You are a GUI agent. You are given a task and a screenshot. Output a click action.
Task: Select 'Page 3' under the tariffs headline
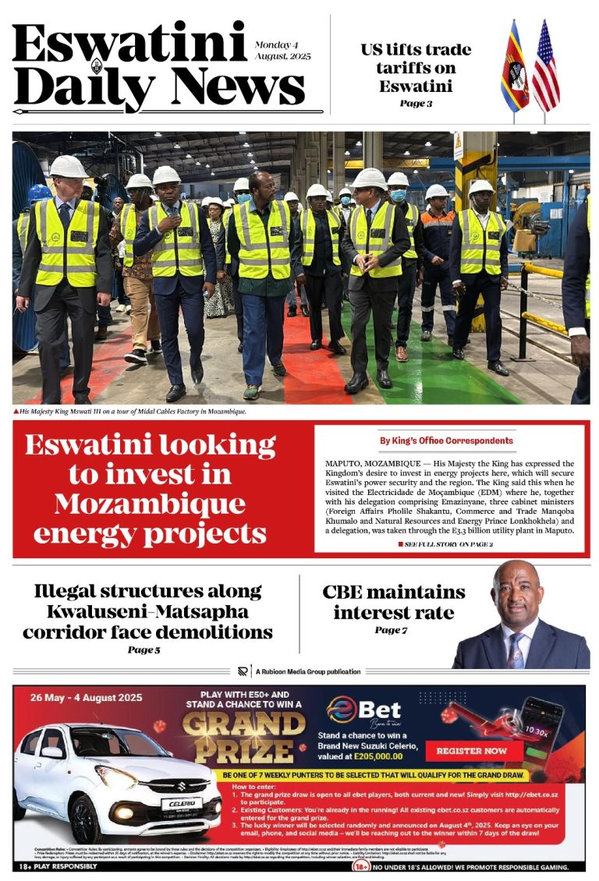click(416, 103)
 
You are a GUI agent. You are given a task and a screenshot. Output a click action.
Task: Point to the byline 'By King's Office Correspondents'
click(446, 440)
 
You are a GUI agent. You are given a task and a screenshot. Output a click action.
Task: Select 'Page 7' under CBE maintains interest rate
click(391, 630)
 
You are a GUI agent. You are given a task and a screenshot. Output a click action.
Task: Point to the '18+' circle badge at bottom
click(361, 866)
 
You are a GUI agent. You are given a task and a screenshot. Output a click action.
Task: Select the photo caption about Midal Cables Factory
click(129, 412)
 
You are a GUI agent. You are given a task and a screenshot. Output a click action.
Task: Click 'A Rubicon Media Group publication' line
click(307, 671)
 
